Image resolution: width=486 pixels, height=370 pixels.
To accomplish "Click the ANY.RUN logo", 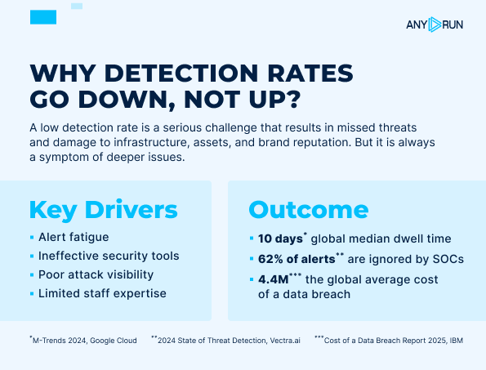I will click(434, 25).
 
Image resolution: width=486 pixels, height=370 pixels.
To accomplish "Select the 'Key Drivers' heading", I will click(103, 209).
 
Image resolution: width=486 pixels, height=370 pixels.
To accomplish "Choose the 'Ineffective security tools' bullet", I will click(108, 256).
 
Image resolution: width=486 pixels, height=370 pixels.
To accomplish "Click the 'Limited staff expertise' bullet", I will click(101, 293).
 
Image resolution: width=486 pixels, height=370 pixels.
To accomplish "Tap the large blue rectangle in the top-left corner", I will click(42, 16).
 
